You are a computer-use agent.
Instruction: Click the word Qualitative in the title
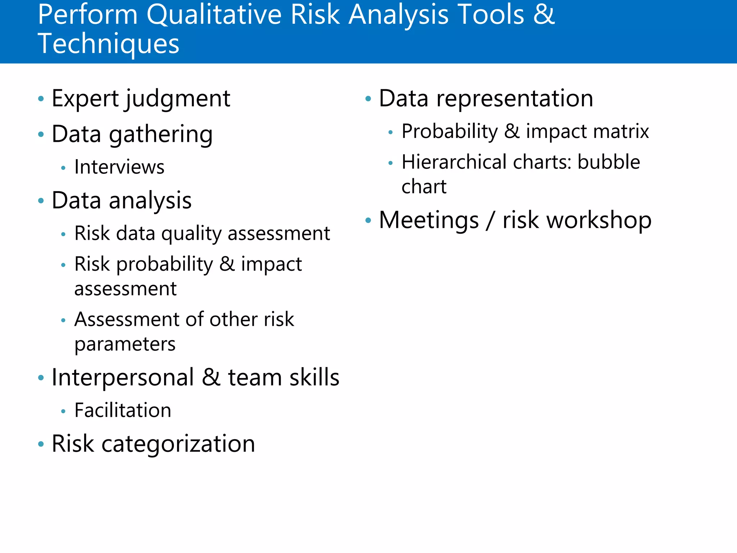coord(214,15)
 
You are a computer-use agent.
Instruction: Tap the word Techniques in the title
coord(108,44)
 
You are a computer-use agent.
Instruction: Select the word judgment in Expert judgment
coord(178,99)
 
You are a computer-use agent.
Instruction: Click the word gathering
coord(161,135)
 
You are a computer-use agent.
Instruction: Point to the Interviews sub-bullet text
coord(119,167)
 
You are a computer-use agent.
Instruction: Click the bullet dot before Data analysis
coord(41,201)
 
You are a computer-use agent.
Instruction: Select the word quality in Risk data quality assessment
coord(191,234)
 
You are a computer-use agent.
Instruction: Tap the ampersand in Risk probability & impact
coord(227,264)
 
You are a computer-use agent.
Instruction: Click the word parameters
coord(125,345)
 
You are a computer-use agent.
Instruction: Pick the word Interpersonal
coord(123,378)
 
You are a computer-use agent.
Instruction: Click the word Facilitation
coord(123,410)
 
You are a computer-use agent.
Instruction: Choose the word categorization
coord(178,444)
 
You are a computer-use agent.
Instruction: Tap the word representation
coord(515,99)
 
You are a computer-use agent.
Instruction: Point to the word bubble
coord(609,162)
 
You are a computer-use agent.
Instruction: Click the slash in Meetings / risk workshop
coord(490,220)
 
